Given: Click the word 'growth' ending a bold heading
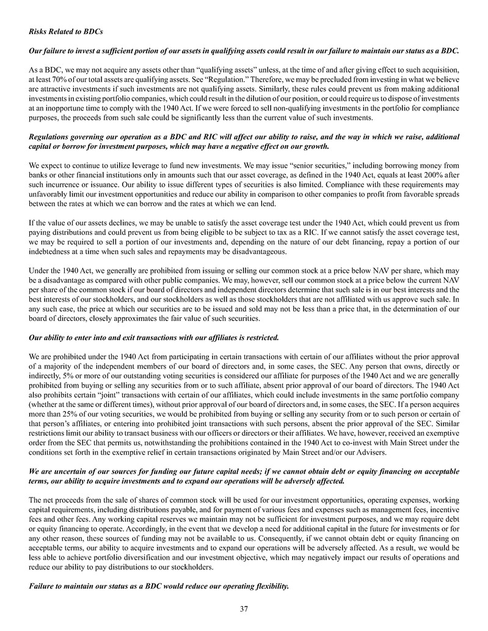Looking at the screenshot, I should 315,146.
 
